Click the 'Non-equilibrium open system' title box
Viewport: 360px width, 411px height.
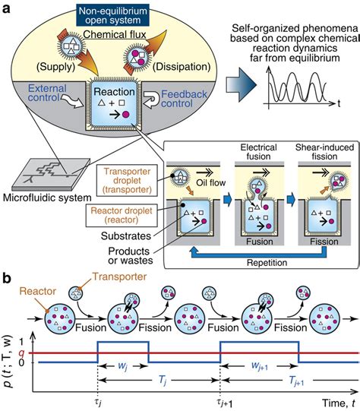click(x=113, y=15)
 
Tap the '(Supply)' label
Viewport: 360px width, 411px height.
click(x=55, y=67)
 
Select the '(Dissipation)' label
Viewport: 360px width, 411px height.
click(x=182, y=67)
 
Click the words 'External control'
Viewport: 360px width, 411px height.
click(x=47, y=93)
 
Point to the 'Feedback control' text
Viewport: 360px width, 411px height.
click(x=184, y=99)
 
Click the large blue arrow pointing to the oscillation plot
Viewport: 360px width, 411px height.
click(x=241, y=84)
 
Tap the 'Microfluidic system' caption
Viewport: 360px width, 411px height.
click(x=47, y=198)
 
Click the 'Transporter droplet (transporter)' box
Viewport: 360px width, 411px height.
click(x=127, y=180)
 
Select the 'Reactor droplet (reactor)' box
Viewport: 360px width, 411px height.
click(x=122, y=215)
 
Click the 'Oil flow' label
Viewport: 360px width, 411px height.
click(x=211, y=182)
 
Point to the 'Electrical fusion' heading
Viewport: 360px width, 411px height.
click(x=258, y=152)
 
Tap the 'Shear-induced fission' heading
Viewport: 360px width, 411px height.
click(x=324, y=152)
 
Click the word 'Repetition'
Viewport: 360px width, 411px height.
click(x=267, y=262)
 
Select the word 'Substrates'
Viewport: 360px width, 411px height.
click(x=126, y=236)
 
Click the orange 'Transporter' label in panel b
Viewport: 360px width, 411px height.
click(x=119, y=277)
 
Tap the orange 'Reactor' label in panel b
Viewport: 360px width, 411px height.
click(x=38, y=291)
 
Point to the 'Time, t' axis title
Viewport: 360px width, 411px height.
click(x=339, y=403)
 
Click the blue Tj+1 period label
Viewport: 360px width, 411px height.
click(x=296, y=381)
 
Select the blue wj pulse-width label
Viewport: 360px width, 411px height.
click(x=122, y=365)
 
